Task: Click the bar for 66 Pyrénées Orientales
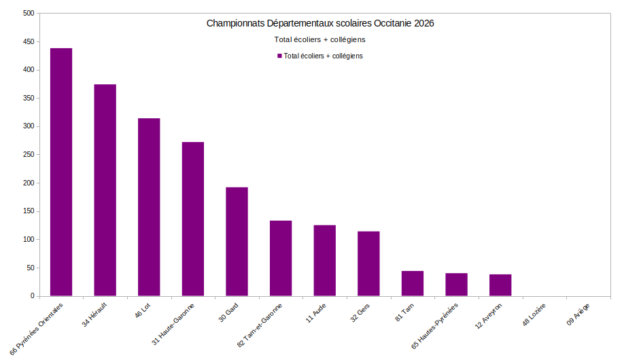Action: [61, 173]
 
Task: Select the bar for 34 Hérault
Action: [105, 190]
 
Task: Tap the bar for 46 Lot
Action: [149, 207]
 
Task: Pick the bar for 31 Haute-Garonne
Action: [193, 219]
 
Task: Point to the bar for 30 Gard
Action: [237, 242]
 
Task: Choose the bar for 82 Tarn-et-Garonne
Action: [281, 258]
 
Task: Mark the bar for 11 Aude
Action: [324, 261]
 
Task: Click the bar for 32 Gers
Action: [368, 264]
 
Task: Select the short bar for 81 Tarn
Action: [413, 283]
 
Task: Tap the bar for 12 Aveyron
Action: [500, 285]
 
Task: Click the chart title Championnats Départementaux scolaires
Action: [320, 23]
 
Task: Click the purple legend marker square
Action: [279, 56]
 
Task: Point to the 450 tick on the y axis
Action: [27, 41]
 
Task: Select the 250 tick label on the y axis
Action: [27, 155]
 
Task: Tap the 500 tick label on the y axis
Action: [27, 14]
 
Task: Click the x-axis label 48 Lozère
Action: [535, 313]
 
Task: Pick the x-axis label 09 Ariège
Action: [579, 313]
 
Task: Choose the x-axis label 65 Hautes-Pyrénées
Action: [436, 325]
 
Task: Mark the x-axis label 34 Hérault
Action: [94, 314]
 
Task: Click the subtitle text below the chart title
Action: [319, 39]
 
